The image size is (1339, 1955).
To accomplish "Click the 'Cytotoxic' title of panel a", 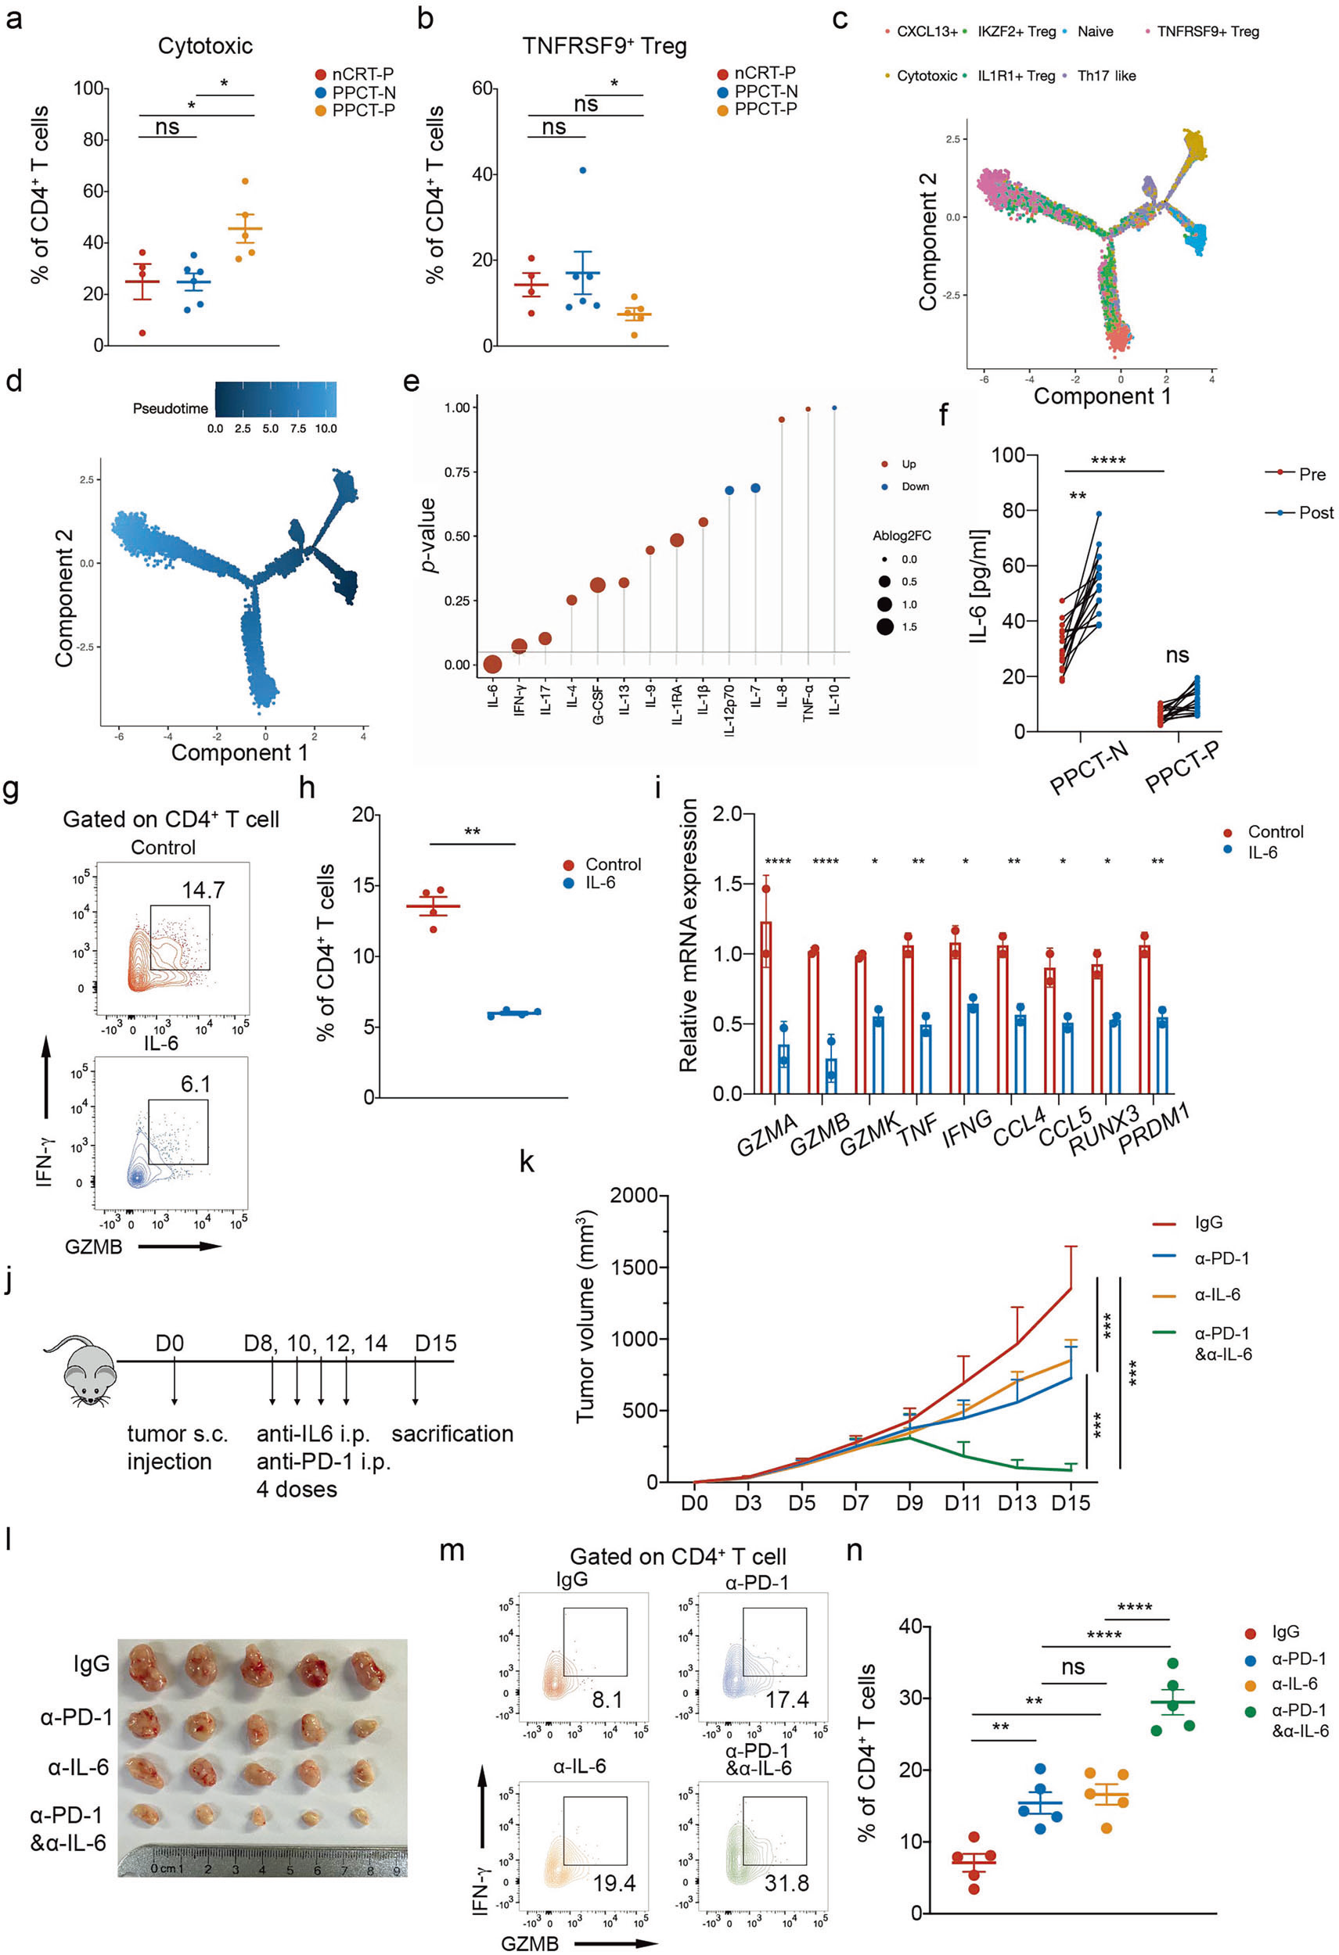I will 204,45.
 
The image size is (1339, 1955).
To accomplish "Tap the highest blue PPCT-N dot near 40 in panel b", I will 582,170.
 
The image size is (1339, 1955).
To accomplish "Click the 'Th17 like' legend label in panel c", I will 1106,76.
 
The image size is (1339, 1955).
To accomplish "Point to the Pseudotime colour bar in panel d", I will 275,399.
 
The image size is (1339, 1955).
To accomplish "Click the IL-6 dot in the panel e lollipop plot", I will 492,665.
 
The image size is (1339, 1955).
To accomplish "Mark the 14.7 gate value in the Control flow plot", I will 203,889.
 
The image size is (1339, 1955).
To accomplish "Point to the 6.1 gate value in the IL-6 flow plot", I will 195,1084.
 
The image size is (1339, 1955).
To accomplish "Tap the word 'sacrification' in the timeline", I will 452,1433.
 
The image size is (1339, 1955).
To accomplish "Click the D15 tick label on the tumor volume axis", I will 1071,1502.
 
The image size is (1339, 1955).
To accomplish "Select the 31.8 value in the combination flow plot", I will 786,1882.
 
